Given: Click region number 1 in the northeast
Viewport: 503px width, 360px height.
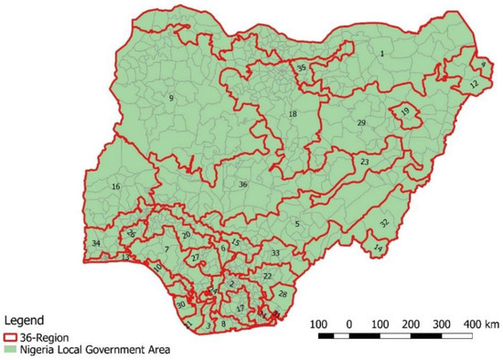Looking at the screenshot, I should click(x=381, y=55).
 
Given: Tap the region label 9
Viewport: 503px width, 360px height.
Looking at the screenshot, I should click(x=171, y=98).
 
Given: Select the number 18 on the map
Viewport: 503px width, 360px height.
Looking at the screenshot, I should click(x=293, y=114).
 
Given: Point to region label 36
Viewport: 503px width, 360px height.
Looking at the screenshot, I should click(x=243, y=185).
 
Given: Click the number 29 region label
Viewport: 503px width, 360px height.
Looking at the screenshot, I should click(x=361, y=122).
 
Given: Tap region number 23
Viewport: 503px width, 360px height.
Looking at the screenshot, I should click(x=364, y=162).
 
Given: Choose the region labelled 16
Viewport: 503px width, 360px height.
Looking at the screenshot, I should click(x=116, y=186).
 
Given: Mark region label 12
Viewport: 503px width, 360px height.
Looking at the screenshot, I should click(x=473, y=83).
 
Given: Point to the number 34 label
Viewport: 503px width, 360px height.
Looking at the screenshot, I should click(x=96, y=243).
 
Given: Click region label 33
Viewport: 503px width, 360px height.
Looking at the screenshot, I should click(x=275, y=252).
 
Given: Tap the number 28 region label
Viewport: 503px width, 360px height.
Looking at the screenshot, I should click(x=283, y=293).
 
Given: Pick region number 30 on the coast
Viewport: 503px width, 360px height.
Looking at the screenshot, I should click(x=181, y=304).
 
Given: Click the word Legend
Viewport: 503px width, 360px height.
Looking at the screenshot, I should click(x=22, y=322).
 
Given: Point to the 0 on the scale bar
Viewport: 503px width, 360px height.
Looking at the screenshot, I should click(x=349, y=323).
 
